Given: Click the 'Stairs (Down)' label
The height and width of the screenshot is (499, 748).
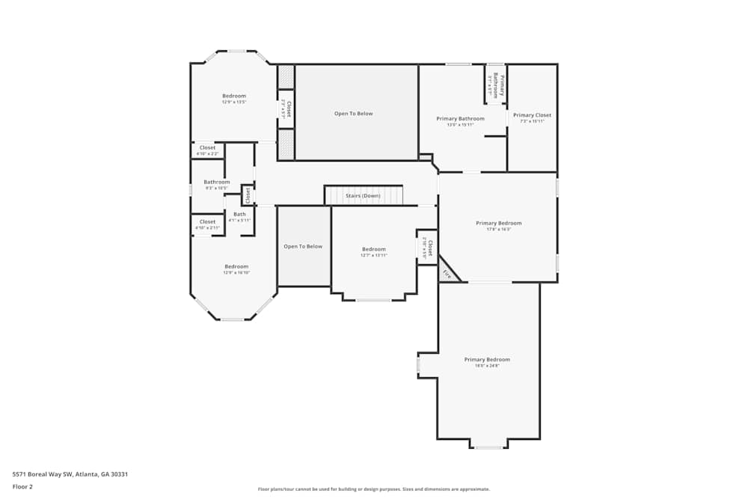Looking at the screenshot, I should click(x=363, y=195).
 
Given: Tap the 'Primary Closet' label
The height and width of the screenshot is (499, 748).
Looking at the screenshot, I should click(x=532, y=115).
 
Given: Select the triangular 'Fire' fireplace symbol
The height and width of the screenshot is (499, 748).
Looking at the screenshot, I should click(x=447, y=274).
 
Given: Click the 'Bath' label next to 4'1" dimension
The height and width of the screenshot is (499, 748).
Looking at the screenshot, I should click(x=239, y=214).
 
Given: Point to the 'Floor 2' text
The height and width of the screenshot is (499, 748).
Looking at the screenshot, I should click(x=22, y=486).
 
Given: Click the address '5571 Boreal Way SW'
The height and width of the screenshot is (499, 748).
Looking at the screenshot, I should click(x=43, y=474).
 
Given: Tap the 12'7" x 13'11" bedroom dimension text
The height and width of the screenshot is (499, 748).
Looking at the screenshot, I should click(x=374, y=256).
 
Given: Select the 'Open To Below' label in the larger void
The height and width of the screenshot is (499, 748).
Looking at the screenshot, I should click(x=353, y=114).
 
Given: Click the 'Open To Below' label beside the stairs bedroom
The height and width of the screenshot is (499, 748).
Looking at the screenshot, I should click(x=303, y=246).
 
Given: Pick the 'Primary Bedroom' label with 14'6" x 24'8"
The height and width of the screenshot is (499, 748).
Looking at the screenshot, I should click(x=486, y=359).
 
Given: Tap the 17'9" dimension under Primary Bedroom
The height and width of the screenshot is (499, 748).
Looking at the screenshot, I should click(x=498, y=230).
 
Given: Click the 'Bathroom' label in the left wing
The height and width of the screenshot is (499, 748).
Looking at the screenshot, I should click(x=217, y=182).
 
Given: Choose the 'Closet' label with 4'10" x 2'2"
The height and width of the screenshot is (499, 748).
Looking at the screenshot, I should click(x=207, y=147).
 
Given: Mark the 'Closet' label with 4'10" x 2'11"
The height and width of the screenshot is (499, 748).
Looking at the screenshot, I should click(x=207, y=221).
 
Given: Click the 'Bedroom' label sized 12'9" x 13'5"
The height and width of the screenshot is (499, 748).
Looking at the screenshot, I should click(x=233, y=96).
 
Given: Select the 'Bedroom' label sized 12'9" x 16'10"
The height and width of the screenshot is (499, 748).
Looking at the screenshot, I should click(x=236, y=266).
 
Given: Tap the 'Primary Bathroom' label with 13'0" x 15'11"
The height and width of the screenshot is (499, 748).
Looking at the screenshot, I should click(x=460, y=118).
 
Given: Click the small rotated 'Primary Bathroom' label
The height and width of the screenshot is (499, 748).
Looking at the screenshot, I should click(x=495, y=85).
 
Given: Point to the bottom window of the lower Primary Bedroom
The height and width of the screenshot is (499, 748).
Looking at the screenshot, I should click(x=488, y=447).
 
